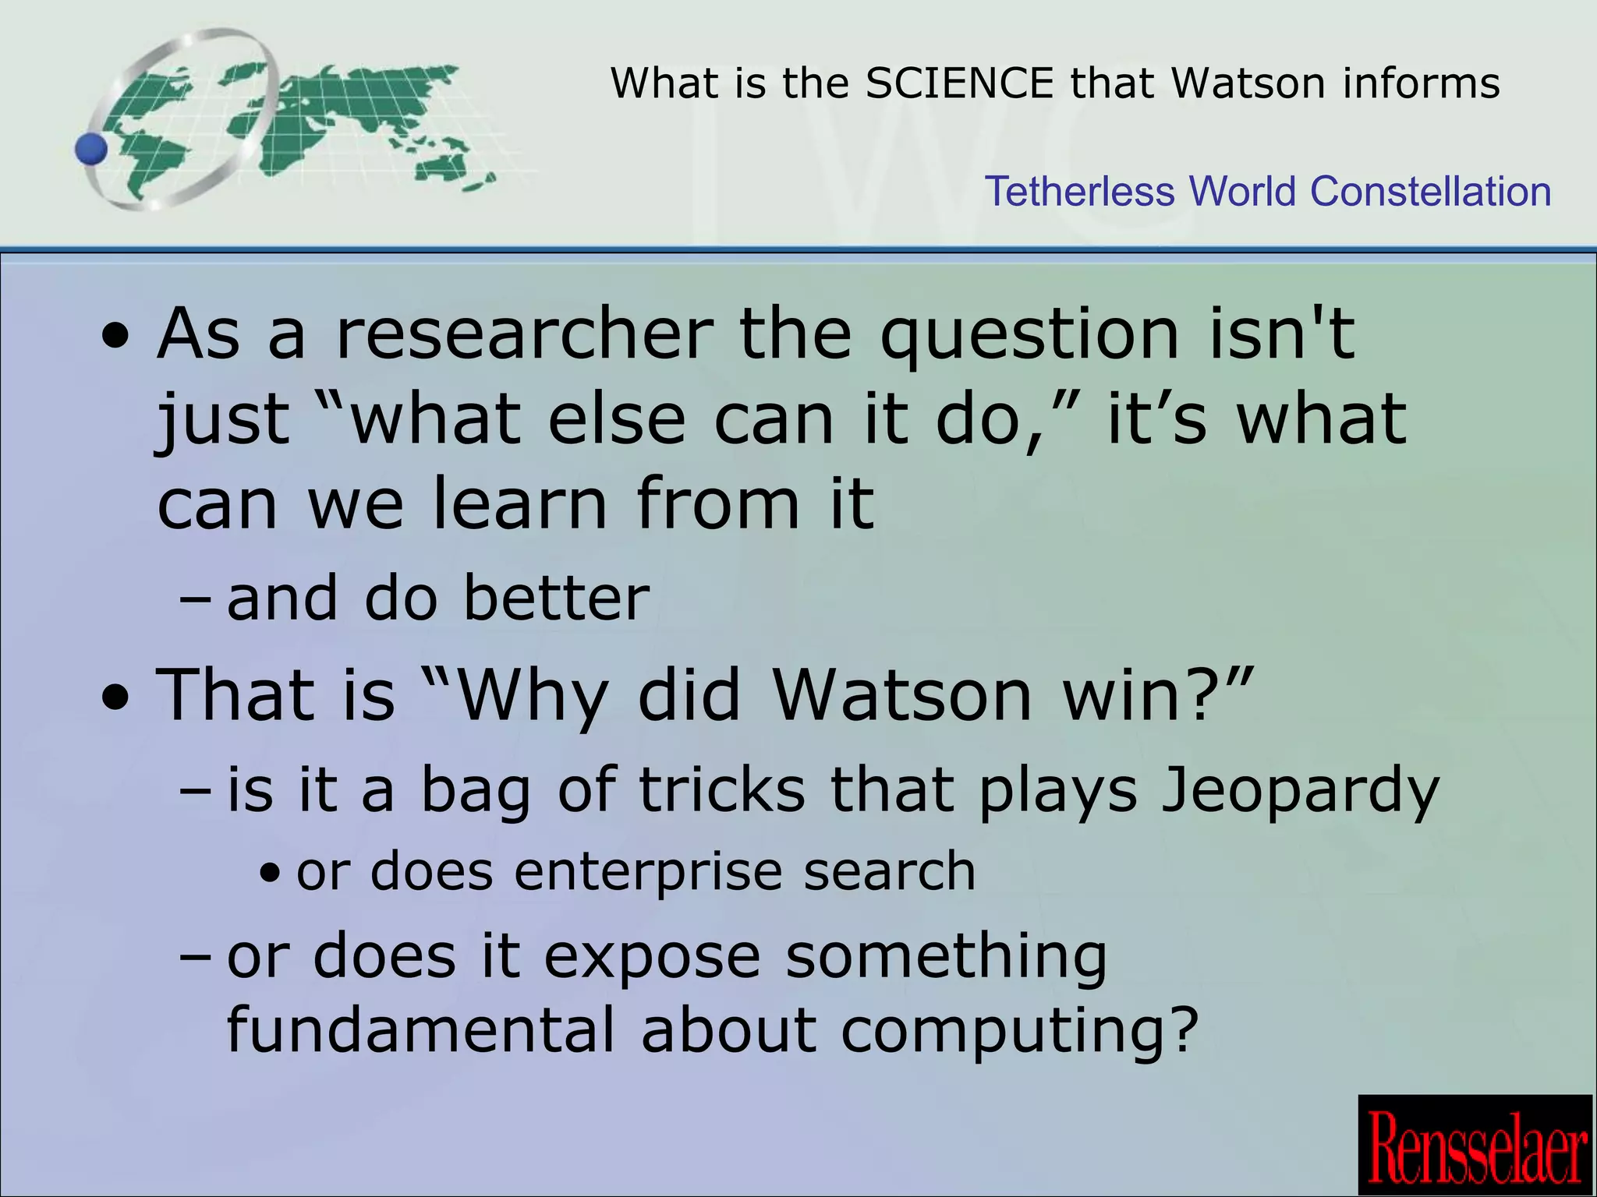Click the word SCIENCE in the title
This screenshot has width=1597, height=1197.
point(960,83)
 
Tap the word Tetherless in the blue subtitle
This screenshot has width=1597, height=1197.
point(1079,192)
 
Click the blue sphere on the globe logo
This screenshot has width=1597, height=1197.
point(93,148)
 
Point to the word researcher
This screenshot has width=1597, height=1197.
point(524,335)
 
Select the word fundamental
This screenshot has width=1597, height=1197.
point(421,1030)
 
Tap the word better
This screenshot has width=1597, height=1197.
point(556,598)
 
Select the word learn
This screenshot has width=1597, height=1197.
point(520,504)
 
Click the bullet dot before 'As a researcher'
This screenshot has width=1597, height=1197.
point(116,340)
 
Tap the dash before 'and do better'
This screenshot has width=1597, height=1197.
point(195,600)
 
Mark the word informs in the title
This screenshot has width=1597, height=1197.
point(1421,83)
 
